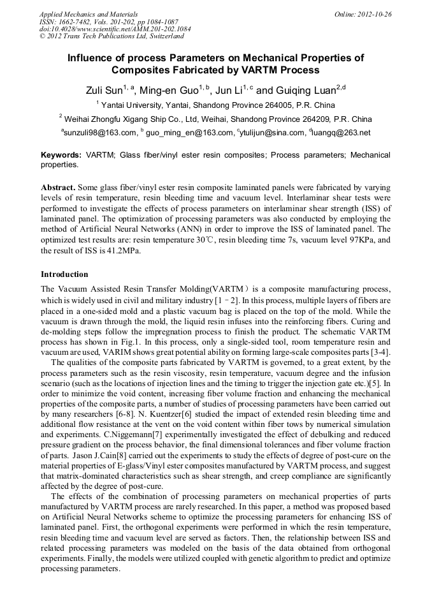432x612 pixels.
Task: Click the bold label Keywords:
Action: (61, 155)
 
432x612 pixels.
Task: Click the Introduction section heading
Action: (64, 274)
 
